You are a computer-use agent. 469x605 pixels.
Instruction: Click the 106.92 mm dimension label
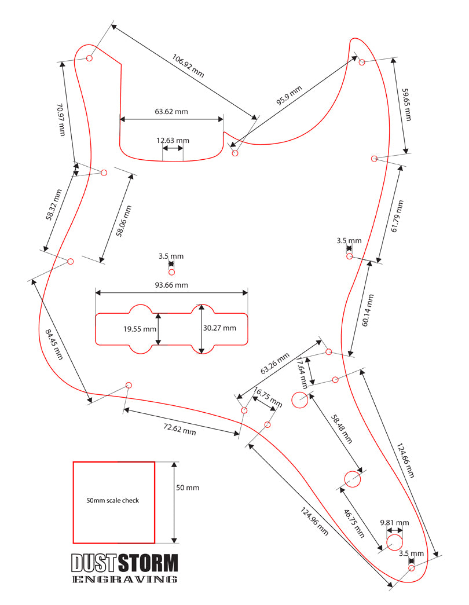[x=188, y=65]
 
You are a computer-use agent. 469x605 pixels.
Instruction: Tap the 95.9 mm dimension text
[x=289, y=96]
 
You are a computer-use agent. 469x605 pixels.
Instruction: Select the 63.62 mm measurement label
[x=171, y=112]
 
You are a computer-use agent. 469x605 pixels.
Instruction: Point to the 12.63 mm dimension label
[x=173, y=141]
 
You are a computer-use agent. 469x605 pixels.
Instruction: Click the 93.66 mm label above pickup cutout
[x=171, y=285]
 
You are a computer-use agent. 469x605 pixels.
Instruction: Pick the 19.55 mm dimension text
[x=140, y=329]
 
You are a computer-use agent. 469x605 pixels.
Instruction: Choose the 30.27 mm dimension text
[x=219, y=328]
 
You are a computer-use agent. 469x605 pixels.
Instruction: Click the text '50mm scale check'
[x=113, y=500]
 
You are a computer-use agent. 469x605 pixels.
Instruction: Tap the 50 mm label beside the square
[x=188, y=487]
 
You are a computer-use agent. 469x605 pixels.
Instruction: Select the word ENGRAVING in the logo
[x=125, y=579]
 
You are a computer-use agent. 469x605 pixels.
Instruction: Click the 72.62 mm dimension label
[x=179, y=429]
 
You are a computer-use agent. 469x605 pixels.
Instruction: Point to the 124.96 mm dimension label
[x=314, y=521]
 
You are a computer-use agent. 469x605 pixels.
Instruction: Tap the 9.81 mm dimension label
[x=394, y=523]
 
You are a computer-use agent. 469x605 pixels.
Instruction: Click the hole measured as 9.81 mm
[x=394, y=542]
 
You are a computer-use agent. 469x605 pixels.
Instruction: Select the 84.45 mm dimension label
[x=54, y=344]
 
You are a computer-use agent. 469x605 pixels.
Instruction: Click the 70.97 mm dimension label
[x=61, y=119]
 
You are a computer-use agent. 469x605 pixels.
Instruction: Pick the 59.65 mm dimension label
[x=407, y=105]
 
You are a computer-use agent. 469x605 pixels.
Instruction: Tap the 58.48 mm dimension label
[x=342, y=428]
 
